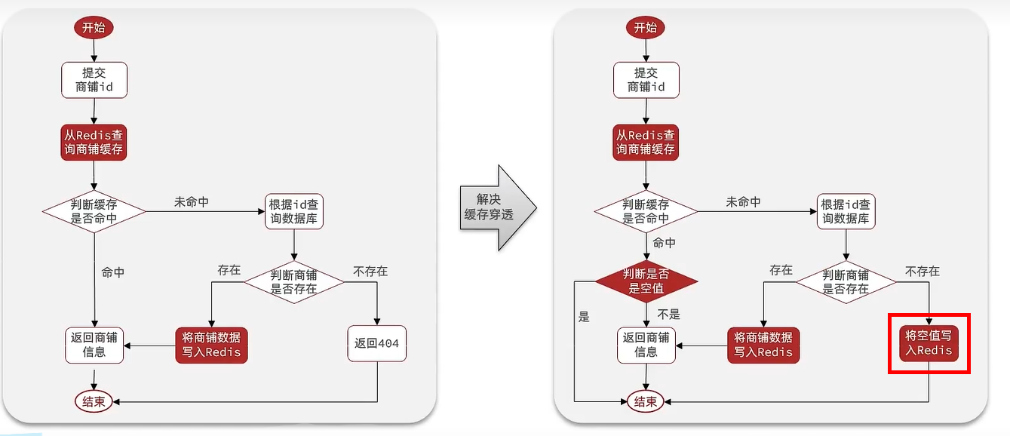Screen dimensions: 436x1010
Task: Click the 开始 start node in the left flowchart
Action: point(94,29)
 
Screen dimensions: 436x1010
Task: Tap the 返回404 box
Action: point(376,345)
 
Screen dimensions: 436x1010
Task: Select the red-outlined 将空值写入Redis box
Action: point(929,343)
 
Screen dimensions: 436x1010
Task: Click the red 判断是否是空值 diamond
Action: point(646,281)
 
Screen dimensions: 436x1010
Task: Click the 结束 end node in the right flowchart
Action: point(646,402)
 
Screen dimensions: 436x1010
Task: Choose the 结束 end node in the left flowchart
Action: point(94,402)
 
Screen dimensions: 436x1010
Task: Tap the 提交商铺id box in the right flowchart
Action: point(646,80)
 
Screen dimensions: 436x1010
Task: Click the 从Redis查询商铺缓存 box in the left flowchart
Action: point(94,143)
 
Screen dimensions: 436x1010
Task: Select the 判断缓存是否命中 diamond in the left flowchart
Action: point(94,211)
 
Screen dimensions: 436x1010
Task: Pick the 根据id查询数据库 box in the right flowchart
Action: point(846,211)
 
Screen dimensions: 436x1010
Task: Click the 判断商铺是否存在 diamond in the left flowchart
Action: point(294,281)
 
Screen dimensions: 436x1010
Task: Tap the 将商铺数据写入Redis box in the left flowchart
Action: point(211,345)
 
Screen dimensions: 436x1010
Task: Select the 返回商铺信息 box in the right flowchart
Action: point(646,345)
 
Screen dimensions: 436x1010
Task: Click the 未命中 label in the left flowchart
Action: point(192,202)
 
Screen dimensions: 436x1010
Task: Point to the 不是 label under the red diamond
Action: point(669,315)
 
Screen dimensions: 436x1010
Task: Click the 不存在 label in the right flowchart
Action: point(922,270)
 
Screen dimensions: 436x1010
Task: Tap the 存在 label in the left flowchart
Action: point(229,270)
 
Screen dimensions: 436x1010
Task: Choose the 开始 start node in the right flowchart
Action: point(646,29)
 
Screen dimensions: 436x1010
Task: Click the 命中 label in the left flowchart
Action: point(113,272)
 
